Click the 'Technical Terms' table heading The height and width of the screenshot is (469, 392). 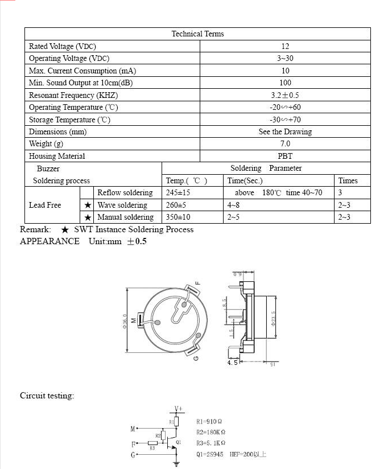(x=197, y=34)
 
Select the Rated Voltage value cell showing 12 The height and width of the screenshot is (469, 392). (x=285, y=46)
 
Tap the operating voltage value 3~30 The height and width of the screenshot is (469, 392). (x=285, y=59)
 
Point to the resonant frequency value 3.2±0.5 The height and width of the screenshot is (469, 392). (x=285, y=95)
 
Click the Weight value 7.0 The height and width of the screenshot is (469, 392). (x=285, y=144)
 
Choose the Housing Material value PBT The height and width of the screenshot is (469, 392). (x=285, y=156)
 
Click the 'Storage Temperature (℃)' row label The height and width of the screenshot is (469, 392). (x=69, y=120)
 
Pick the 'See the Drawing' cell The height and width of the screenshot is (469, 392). (x=285, y=132)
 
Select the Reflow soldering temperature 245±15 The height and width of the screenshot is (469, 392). (x=178, y=193)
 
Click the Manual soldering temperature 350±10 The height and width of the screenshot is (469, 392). (x=178, y=217)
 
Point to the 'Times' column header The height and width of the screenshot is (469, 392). (x=348, y=181)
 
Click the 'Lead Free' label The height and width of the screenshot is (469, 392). (x=45, y=205)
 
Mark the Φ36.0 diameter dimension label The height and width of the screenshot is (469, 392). (x=125, y=322)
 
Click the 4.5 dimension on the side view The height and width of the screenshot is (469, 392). (x=232, y=362)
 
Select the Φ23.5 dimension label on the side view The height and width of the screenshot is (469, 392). (x=273, y=318)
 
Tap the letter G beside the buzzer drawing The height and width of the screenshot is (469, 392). (x=196, y=359)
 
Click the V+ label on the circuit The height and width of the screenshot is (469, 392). (x=178, y=409)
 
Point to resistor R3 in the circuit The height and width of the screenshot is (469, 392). (x=152, y=443)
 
